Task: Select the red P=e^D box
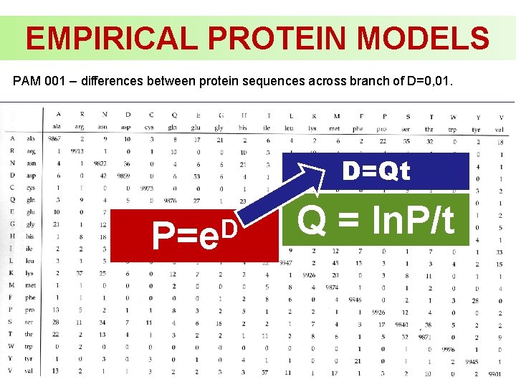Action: [193, 234]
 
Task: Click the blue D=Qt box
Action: [376, 171]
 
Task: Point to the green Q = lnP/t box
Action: [376, 220]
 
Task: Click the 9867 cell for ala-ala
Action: [54, 138]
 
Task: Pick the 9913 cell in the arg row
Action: [76, 151]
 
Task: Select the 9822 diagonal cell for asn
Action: [101, 163]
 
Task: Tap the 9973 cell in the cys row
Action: [147, 188]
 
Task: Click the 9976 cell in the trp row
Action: [448, 350]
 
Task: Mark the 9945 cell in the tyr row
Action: [472, 361]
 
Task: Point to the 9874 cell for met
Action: [332, 287]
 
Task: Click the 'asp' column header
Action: [126, 127]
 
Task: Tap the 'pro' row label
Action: [30, 311]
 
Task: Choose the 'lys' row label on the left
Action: [30, 273]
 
